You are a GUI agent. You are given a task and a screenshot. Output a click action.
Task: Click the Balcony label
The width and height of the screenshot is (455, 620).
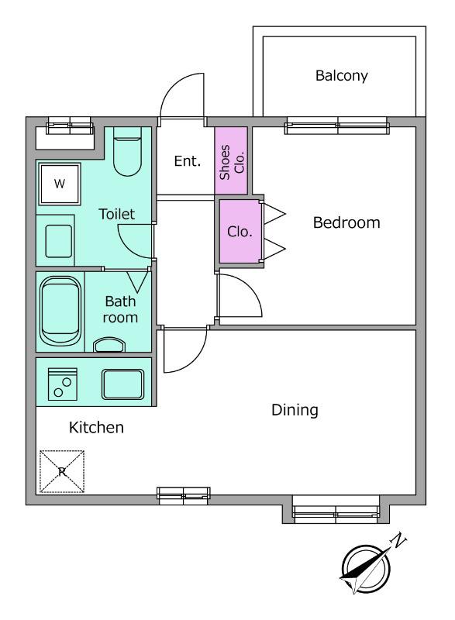pyautogui.click(x=341, y=75)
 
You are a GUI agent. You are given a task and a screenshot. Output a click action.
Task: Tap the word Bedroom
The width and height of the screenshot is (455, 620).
pyautogui.click(x=346, y=222)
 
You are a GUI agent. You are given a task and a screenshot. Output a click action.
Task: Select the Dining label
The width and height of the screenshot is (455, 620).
pyautogui.click(x=295, y=410)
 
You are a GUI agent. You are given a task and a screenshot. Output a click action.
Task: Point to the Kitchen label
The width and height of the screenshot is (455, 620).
pyautogui.click(x=96, y=428)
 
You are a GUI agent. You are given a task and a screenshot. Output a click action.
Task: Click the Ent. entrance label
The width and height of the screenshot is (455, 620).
pyautogui.click(x=188, y=161)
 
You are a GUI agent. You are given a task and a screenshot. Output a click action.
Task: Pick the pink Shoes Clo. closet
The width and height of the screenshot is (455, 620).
pyautogui.click(x=231, y=161)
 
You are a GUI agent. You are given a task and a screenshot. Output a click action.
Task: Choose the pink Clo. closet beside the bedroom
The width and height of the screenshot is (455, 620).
pyautogui.click(x=240, y=231)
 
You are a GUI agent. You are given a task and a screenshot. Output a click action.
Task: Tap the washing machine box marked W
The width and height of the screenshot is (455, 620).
pyautogui.click(x=59, y=184)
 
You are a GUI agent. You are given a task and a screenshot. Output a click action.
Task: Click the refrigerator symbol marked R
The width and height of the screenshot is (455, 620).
pyautogui.click(x=62, y=472)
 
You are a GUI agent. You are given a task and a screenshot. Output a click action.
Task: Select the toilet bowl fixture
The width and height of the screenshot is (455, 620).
pyautogui.click(x=127, y=151)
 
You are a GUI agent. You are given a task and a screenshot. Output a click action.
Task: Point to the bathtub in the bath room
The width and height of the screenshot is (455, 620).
pyautogui.click(x=60, y=311)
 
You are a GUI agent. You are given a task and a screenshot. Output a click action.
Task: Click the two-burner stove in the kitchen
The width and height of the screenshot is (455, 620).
pyautogui.click(x=63, y=384)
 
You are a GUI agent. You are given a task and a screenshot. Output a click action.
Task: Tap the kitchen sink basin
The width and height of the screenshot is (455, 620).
pyautogui.click(x=122, y=384)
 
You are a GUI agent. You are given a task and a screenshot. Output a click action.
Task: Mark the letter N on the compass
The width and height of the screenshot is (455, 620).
pyautogui.click(x=398, y=540)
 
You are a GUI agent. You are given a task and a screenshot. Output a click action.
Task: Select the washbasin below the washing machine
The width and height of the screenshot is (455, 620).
pyautogui.click(x=59, y=241)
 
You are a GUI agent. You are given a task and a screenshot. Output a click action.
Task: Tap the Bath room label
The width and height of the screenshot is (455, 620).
pyautogui.click(x=120, y=309)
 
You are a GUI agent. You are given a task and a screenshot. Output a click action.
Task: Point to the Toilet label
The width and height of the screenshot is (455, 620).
pyautogui.click(x=116, y=214)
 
